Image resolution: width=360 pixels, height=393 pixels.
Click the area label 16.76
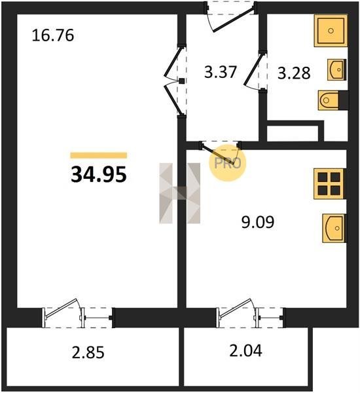click(53, 35)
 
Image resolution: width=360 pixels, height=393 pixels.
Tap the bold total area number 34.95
click(98, 175)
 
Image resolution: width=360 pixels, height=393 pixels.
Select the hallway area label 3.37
click(220, 71)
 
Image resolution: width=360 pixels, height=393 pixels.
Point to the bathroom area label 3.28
click(294, 73)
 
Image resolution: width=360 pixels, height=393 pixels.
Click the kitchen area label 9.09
click(258, 222)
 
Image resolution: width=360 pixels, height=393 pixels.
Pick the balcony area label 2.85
click(88, 352)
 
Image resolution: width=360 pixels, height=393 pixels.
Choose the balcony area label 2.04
click(245, 350)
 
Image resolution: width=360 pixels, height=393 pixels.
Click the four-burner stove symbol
click(330, 184)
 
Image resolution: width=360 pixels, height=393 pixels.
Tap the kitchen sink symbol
click(334, 228)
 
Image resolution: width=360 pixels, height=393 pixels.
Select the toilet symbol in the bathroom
click(333, 100)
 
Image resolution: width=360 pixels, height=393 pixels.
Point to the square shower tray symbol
click(331, 31)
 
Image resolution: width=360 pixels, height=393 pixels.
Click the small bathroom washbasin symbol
click(336, 69)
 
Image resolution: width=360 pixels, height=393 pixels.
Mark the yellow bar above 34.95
click(98, 155)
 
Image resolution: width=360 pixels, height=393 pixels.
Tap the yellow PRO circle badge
click(228, 163)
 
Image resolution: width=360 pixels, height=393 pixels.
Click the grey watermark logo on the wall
click(179, 193)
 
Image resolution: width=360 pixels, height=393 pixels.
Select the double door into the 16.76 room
click(173, 81)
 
